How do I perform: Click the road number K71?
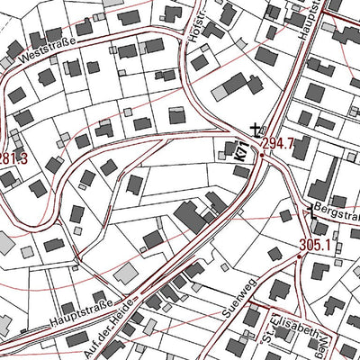(241, 150)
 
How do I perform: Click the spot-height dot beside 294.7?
(262, 154)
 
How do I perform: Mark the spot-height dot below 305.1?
(300, 256)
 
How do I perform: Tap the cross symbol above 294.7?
(256, 129)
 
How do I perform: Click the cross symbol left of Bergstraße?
(311, 211)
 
